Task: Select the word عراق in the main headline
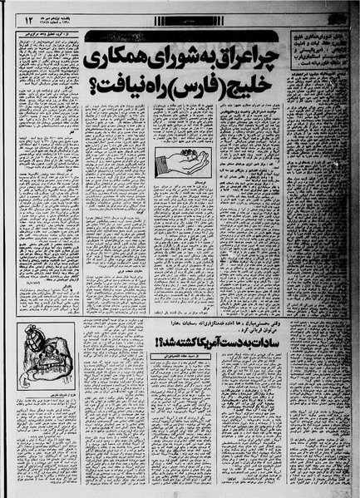(210, 60)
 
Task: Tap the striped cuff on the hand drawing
(155, 165)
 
